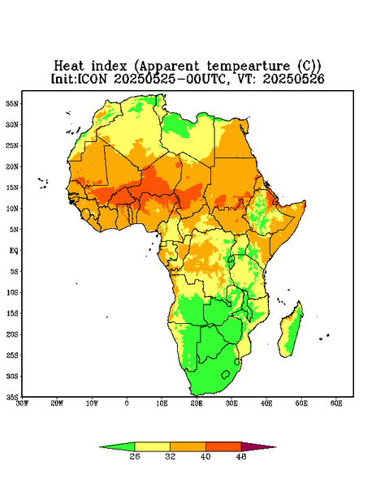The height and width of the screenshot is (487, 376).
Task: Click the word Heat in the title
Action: tap(69, 67)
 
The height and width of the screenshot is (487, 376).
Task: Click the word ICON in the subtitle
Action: tap(92, 79)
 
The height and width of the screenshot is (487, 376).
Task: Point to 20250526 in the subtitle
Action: tap(293, 79)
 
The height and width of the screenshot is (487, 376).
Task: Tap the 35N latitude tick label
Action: tap(12, 104)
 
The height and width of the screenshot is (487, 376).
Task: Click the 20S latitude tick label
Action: tap(12, 334)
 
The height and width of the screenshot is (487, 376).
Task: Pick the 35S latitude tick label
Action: tap(12, 397)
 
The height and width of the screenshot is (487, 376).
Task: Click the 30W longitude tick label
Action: tap(22, 403)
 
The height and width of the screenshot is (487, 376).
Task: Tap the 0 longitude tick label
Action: tap(127, 403)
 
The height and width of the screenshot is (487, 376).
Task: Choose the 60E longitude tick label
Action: tap(336, 403)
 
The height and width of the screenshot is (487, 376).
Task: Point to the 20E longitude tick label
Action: tap(197, 403)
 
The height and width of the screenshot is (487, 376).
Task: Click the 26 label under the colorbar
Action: tap(135, 456)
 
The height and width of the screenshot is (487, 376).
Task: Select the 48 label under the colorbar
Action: tap(241, 456)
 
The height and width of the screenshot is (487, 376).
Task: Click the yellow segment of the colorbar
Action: tap(152, 447)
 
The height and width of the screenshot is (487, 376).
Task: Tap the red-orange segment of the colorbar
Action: tap(223, 447)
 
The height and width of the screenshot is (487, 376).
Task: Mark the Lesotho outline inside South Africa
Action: tap(226, 374)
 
